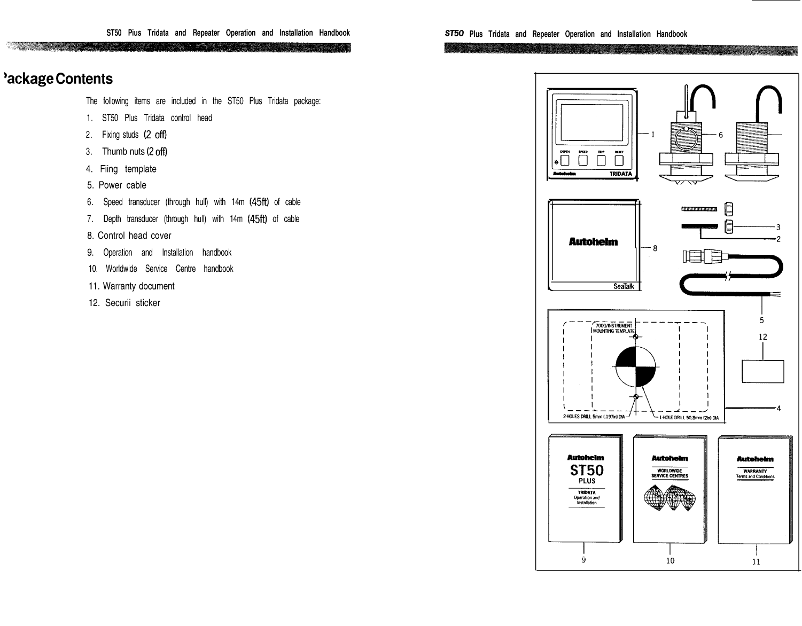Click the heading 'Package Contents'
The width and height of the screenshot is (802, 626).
[x=58, y=79]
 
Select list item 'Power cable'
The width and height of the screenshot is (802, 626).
[x=122, y=185]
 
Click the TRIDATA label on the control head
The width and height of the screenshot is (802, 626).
[x=620, y=174]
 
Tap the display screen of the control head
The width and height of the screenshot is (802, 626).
[x=590, y=123]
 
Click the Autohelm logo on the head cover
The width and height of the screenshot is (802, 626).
[x=593, y=242]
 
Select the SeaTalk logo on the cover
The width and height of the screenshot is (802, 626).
[x=624, y=286]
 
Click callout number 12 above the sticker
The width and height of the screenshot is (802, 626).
[x=762, y=337]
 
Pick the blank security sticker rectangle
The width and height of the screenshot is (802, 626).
[x=762, y=371]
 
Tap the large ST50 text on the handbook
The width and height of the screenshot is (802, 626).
[x=587, y=471]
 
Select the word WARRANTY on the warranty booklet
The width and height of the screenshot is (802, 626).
[x=755, y=471]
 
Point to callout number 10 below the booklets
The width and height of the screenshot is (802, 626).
[x=670, y=560]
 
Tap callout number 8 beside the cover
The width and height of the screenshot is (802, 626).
[x=655, y=248]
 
